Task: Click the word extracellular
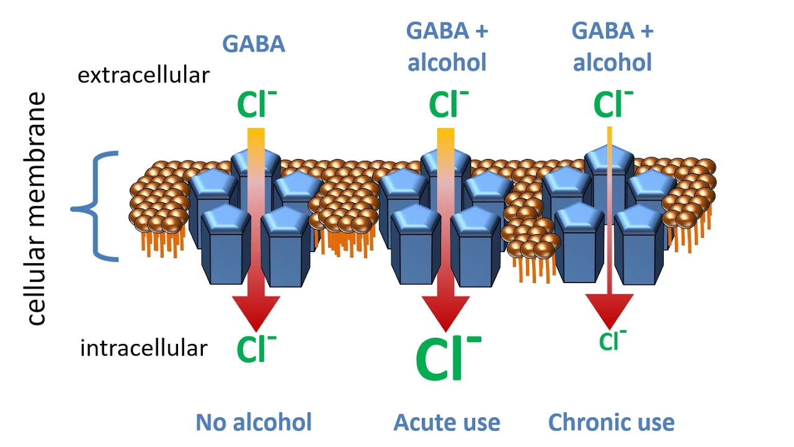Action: (x=143, y=76)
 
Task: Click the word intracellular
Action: (x=143, y=348)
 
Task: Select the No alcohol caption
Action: (x=254, y=422)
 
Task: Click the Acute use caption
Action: (x=447, y=422)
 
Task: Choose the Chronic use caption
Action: (x=611, y=422)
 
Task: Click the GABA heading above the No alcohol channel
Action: (x=254, y=44)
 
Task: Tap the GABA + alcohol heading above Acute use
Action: (x=447, y=46)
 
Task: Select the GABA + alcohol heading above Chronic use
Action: (x=612, y=46)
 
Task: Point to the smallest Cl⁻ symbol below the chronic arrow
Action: (x=612, y=340)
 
